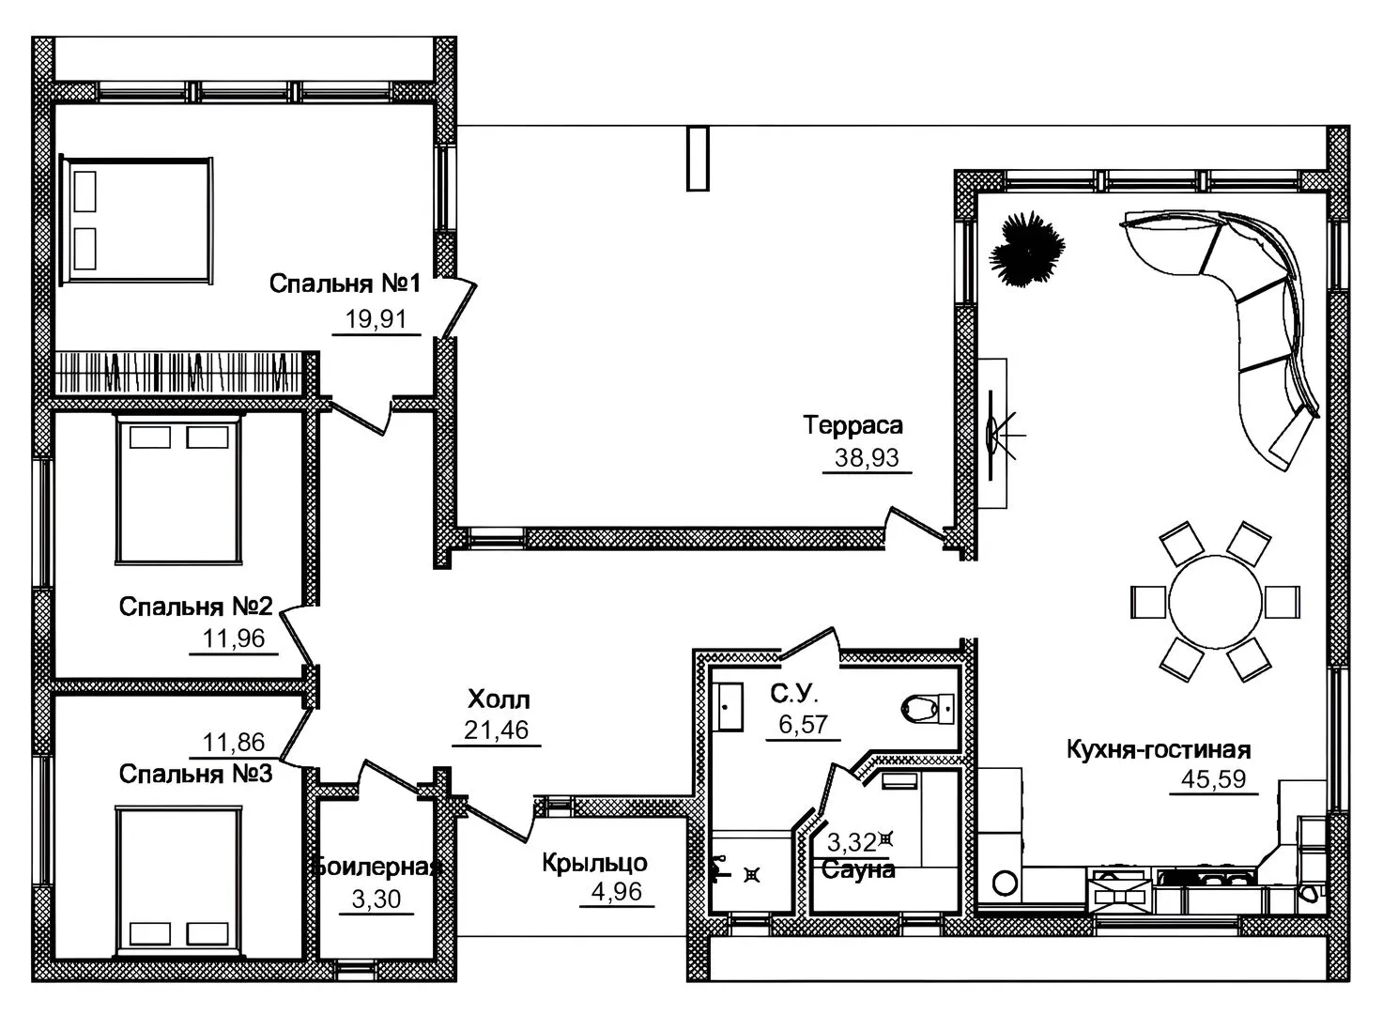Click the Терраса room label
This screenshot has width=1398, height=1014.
click(853, 425)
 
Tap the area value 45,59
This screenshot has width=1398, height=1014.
click(1213, 778)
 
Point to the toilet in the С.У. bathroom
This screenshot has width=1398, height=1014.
click(928, 709)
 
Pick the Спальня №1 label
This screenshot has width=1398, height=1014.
click(346, 284)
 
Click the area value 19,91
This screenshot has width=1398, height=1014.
click(376, 319)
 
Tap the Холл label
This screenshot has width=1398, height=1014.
click(499, 699)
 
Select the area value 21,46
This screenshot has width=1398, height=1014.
click(496, 730)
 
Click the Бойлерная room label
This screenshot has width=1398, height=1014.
click(377, 867)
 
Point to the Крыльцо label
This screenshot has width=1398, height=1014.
click(594, 863)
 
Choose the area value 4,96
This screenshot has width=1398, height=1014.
click(617, 892)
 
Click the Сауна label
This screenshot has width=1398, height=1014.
click(858, 869)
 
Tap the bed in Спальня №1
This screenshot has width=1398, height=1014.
click(137, 221)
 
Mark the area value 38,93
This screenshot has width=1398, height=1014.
click(867, 458)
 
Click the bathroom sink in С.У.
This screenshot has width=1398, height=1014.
click(728, 707)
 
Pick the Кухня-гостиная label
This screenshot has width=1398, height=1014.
click(1159, 749)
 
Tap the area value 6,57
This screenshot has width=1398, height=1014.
click(804, 724)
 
